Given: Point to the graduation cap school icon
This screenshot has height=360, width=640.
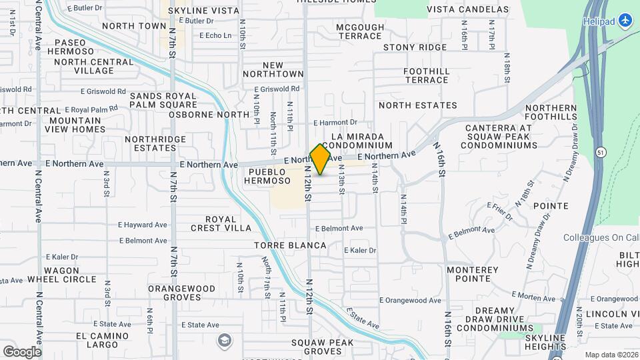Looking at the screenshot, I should [225, 341].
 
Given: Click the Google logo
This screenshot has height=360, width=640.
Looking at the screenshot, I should [22, 351].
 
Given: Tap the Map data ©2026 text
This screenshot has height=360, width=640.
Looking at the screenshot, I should [611, 355].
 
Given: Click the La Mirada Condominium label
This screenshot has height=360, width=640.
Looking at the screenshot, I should [357, 141].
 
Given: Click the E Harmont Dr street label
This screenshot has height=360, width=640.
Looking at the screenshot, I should [335, 123].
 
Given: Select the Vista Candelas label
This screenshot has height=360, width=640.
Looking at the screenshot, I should [458, 9].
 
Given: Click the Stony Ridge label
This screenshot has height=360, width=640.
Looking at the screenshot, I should [415, 47].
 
